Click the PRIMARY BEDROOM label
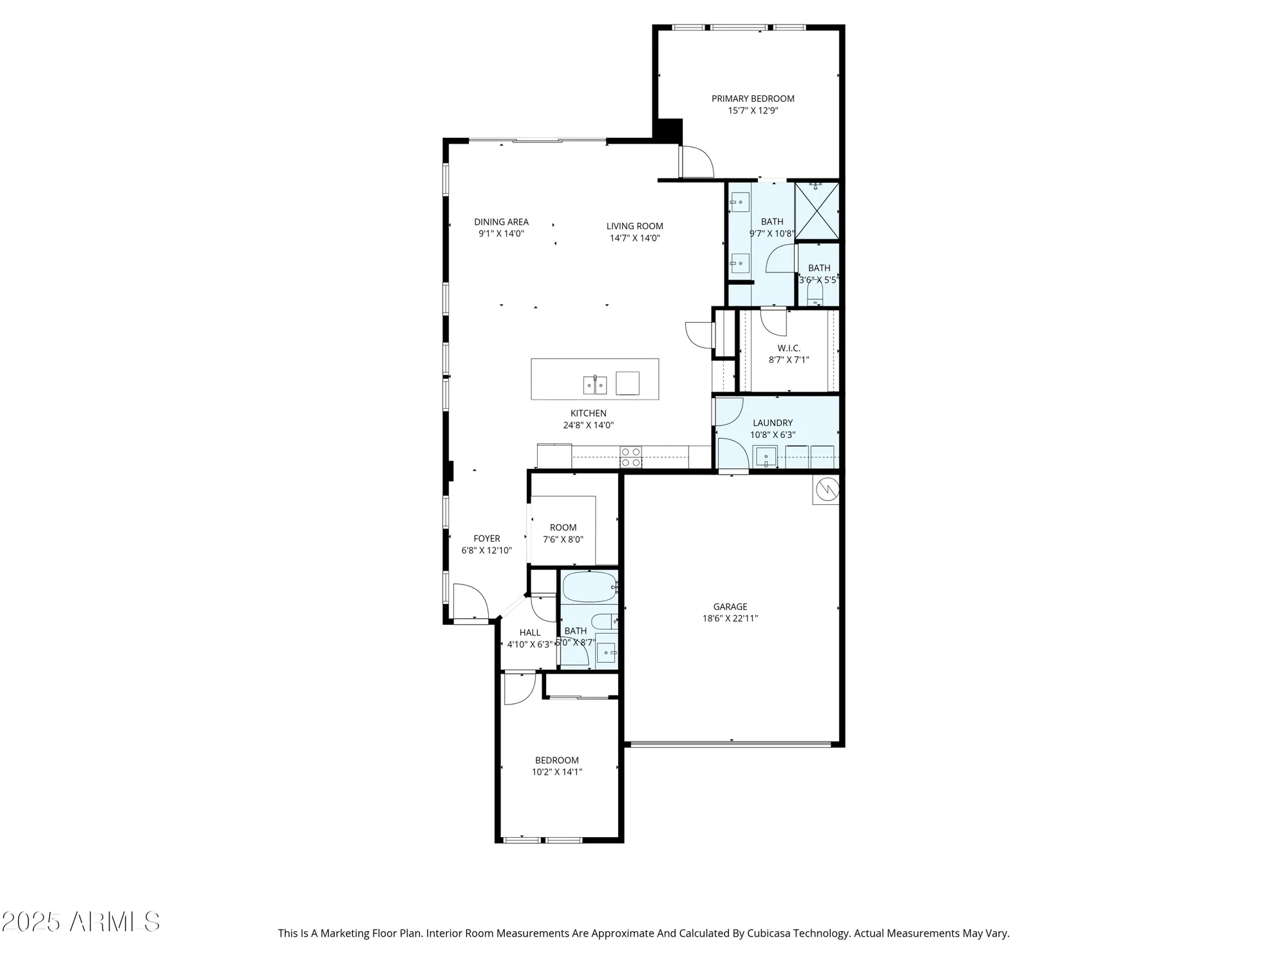click(752, 99)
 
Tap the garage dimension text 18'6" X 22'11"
click(730, 618)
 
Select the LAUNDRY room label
click(772, 423)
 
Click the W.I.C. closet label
click(788, 348)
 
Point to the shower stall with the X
click(817, 211)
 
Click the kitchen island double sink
click(595, 385)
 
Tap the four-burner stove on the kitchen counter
click(630, 457)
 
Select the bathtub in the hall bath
click(589, 587)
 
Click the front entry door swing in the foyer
click(469, 602)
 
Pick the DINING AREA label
click(501, 222)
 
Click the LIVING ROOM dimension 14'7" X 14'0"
click(634, 238)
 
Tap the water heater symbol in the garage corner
click(826, 490)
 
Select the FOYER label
click(486, 538)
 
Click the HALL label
click(529, 632)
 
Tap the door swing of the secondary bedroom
click(518, 688)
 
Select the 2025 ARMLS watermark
click(80, 922)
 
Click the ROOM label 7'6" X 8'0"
click(563, 527)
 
